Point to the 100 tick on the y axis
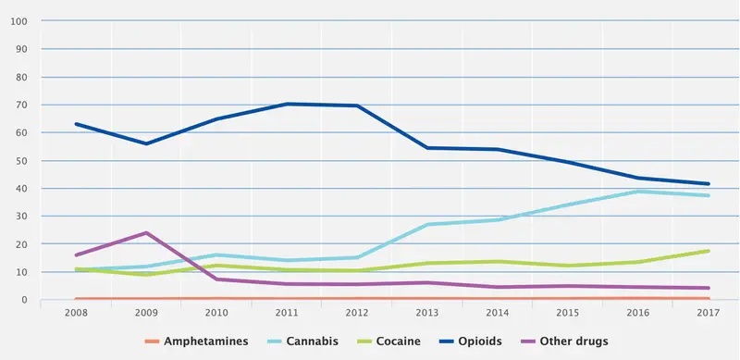point(18,20)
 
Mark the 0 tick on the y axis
point(24,301)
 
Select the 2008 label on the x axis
point(76,314)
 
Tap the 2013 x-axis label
point(427,314)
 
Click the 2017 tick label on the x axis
point(709,314)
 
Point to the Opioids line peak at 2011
point(287,104)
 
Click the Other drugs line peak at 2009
point(146,232)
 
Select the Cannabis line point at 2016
point(638,192)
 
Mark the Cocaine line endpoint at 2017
point(709,251)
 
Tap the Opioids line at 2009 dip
point(146,143)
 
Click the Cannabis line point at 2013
point(427,225)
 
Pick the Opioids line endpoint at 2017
point(709,183)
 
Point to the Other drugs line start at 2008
point(76,255)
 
